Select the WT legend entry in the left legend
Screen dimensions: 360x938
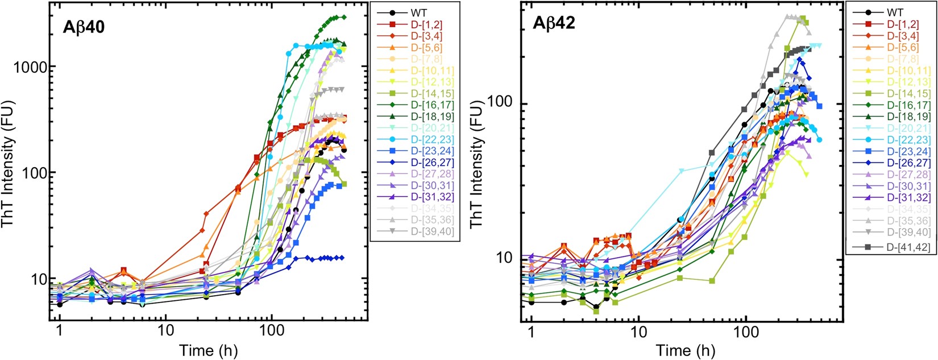tap(409, 13)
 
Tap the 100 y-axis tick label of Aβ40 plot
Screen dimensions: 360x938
tap(36, 173)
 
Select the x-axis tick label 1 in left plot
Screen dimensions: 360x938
tap(59, 332)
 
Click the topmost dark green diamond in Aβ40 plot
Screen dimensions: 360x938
tap(343, 17)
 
